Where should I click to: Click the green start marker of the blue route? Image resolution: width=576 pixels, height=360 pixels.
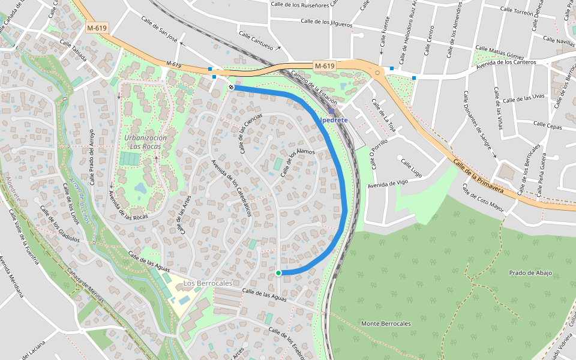(278, 273)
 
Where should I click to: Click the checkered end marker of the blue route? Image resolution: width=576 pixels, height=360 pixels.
(231, 87)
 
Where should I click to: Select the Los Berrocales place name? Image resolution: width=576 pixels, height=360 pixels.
(208, 283)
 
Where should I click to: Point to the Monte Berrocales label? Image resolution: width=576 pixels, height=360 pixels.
(386, 323)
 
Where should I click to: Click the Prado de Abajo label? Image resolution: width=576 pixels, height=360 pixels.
(530, 272)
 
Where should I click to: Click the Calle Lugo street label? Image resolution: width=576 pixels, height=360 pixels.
(413, 170)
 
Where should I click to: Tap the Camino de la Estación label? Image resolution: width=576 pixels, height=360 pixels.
(314, 88)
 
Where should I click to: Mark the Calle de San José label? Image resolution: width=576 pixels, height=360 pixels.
(160, 28)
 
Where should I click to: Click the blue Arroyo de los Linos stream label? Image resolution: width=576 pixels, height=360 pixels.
(79, 200)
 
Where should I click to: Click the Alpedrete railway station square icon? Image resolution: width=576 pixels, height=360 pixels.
(331, 112)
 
